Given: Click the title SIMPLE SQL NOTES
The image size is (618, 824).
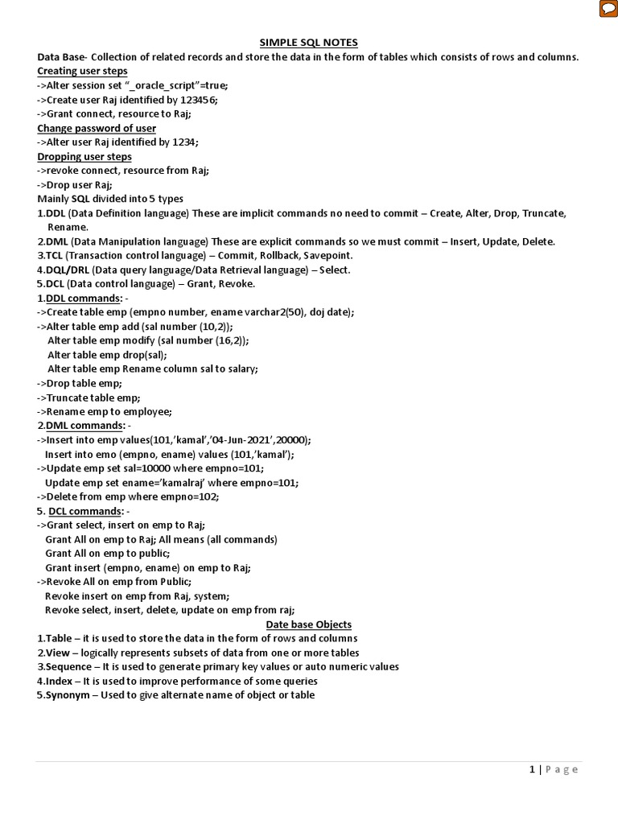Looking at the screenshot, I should [308, 42].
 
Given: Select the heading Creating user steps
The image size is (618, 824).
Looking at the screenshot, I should [82, 71].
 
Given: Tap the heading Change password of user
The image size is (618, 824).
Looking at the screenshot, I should [97, 128].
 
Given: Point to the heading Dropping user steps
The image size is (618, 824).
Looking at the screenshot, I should [84, 156].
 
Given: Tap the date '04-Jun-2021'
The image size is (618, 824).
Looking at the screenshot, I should [227, 439].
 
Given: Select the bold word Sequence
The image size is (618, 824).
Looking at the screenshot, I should [69, 666].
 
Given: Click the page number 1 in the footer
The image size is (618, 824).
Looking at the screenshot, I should [532, 769].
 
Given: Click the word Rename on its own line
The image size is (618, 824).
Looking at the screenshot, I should [67, 227].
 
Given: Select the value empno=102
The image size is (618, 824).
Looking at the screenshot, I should [189, 496].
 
